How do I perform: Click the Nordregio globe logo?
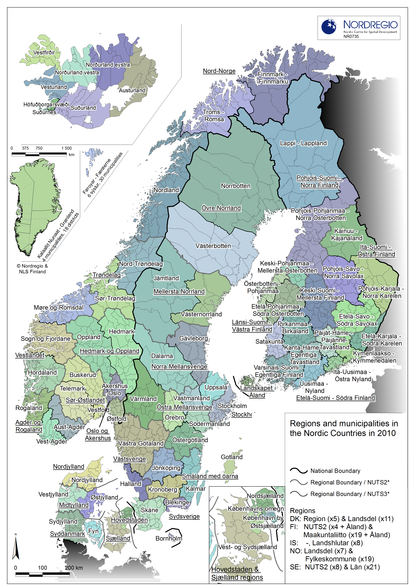coord(329,26)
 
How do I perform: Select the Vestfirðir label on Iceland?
coord(44,52)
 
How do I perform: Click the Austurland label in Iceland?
coord(132,90)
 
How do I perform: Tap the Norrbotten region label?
coord(236,186)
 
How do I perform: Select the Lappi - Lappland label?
coord(303,143)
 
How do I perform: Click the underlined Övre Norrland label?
coord(221,208)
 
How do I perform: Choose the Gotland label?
coord(231,457)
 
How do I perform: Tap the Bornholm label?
coord(169,538)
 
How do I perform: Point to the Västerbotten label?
coord(213,246)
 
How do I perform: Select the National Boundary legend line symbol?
coord(298,471)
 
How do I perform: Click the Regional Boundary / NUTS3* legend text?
coord(350,494)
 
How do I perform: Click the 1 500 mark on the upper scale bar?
coord(66,148)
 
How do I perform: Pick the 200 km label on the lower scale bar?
coord(74,568)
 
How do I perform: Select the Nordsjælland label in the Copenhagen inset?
coord(265,496)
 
